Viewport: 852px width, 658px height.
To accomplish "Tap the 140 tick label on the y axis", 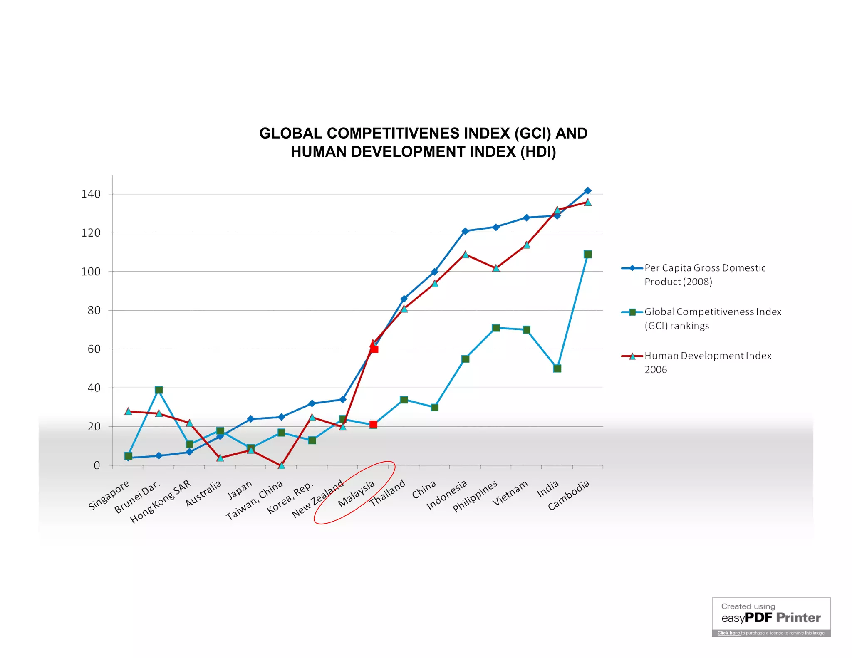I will tap(91, 194).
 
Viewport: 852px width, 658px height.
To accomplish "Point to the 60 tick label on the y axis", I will tap(94, 349).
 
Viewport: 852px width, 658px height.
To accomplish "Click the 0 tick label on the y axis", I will tap(97, 465).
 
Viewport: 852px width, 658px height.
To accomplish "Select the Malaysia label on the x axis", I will tap(356, 494).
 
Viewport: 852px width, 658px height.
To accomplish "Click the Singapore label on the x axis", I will tap(109, 495).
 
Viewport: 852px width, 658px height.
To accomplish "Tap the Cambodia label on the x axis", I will tap(568, 495).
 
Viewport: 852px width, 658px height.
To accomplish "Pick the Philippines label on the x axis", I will tap(475, 496).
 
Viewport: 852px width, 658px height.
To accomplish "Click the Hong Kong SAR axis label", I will tap(161, 502).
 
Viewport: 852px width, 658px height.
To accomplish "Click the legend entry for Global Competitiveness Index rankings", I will tap(713, 319).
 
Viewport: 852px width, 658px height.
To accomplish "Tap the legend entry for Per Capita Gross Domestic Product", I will tap(705, 275).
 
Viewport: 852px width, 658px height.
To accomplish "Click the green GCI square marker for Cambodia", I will tap(587, 255).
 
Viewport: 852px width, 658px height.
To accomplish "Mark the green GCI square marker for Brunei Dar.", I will tap(159, 390).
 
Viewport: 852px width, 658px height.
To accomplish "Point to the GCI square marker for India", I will tap(557, 369).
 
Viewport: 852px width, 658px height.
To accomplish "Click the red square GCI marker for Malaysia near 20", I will tap(373, 425).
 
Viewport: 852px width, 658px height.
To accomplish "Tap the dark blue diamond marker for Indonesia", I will tap(465, 231).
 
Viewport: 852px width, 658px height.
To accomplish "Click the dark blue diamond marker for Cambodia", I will tap(587, 190).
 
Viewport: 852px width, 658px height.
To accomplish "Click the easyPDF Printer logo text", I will tap(771, 618).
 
